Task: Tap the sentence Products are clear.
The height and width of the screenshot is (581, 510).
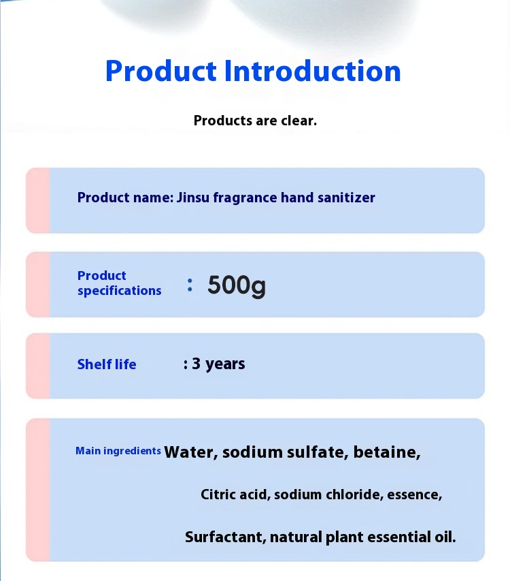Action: click(255, 121)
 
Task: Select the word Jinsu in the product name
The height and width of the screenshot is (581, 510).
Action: click(192, 198)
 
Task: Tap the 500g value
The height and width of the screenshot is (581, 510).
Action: click(237, 285)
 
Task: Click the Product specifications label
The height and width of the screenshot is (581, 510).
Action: click(119, 283)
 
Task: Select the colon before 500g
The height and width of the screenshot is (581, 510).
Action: click(190, 285)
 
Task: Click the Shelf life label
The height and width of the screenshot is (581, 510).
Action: click(107, 364)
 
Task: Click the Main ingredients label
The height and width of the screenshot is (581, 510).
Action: click(118, 451)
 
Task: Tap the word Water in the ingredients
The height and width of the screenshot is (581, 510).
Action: click(190, 452)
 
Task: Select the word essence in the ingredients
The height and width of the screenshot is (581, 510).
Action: click(413, 494)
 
